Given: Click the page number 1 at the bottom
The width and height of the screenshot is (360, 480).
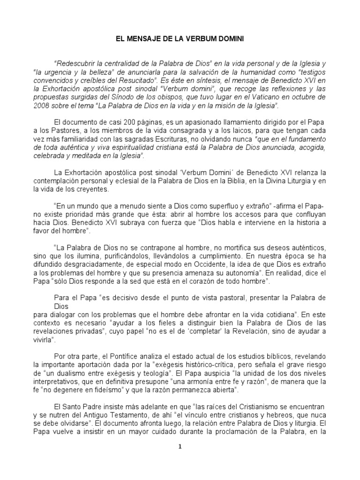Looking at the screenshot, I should [180, 447].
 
